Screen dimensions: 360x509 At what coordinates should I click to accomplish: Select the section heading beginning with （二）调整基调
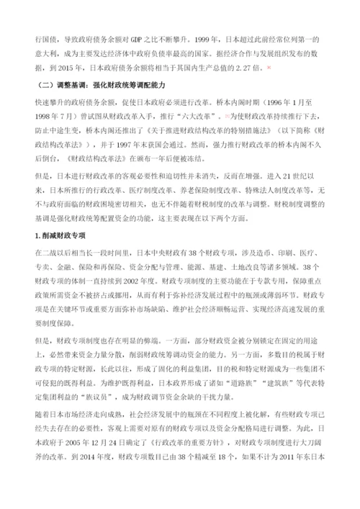tap(99, 86)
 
